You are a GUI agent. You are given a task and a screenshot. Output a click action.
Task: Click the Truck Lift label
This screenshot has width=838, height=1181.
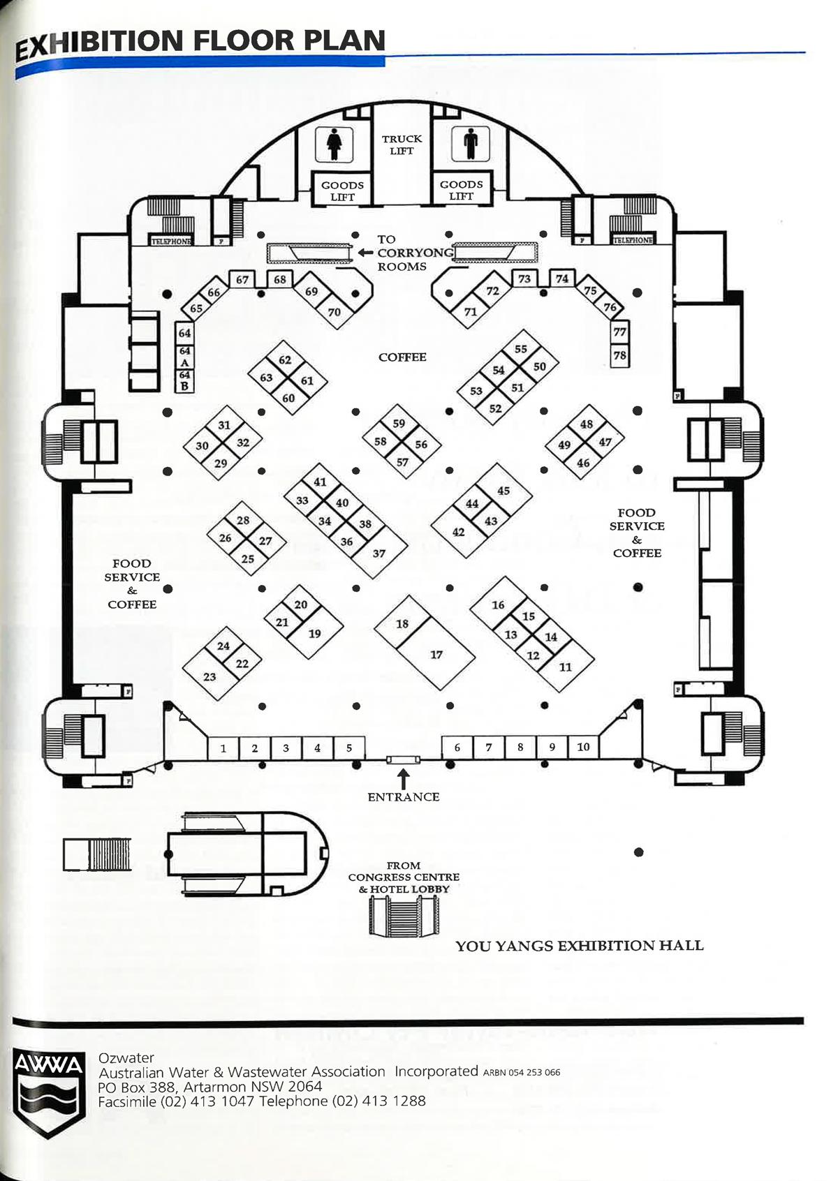[x=402, y=144]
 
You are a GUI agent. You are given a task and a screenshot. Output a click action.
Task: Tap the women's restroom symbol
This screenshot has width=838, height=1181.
[x=334, y=144]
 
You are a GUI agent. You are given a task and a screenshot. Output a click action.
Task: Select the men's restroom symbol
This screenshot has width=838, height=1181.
[x=470, y=144]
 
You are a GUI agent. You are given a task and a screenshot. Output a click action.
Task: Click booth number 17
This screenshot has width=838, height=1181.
[x=436, y=655]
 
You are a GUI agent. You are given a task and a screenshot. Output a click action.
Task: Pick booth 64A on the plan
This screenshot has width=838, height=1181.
[x=184, y=357]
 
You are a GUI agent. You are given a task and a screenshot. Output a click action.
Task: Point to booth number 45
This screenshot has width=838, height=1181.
[x=503, y=491]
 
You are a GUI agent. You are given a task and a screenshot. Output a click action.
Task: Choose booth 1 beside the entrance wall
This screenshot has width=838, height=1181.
[x=223, y=748]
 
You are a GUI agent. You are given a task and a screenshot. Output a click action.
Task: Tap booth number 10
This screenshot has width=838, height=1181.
[x=583, y=747]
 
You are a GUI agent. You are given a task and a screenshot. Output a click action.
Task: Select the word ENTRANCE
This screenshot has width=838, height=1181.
[x=404, y=797]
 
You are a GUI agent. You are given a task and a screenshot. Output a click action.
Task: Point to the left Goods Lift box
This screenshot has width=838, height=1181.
[x=342, y=191]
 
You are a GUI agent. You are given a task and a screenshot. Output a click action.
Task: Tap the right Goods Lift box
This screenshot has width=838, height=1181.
[x=461, y=190]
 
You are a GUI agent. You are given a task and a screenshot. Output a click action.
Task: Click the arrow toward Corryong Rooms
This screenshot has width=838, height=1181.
[x=365, y=253]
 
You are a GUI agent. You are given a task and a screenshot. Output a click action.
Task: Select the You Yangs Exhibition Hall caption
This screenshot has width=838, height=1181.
[x=579, y=946]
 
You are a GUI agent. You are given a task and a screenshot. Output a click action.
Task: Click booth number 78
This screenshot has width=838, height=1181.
[x=619, y=355]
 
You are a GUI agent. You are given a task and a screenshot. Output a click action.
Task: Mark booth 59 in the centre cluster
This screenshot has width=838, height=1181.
[x=399, y=424]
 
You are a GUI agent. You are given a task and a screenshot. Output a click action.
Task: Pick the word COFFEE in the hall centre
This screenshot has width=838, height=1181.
[x=402, y=357]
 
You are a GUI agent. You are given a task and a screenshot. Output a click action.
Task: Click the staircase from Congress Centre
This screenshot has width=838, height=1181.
[x=404, y=916]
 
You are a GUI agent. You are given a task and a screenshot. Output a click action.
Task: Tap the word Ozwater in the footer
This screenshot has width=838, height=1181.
[x=126, y=1057]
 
